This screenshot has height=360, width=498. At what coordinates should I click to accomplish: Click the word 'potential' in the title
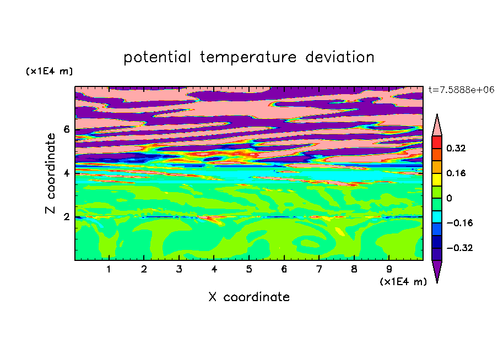(x=157, y=58)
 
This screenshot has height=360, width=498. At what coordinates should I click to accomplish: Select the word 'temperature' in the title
(x=248, y=58)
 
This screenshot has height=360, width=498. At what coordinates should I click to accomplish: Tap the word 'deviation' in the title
(x=340, y=57)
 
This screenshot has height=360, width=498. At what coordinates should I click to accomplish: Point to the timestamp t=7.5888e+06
(x=461, y=90)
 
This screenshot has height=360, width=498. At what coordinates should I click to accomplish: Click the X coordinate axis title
(x=249, y=297)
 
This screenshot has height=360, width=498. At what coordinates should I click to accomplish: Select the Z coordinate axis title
(x=51, y=173)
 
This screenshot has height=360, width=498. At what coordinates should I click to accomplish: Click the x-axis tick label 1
(x=109, y=269)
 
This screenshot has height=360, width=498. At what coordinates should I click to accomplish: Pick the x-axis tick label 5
(x=249, y=269)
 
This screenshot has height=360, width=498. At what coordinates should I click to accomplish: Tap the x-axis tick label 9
(x=389, y=269)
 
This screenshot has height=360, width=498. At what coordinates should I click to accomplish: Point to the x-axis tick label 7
(x=319, y=269)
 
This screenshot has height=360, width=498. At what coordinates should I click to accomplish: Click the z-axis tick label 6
(x=66, y=129)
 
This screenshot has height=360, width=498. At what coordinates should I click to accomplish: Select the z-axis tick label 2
(x=66, y=217)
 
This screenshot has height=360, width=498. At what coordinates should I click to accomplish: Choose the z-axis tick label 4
(x=66, y=173)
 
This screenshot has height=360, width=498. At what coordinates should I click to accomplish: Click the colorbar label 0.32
(x=456, y=148)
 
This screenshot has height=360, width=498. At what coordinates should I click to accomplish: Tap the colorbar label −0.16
(x=459, y=223)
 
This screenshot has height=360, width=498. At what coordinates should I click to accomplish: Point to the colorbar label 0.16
(x=456, y=173)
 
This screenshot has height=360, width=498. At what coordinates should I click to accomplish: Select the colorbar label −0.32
(x=459, y=248)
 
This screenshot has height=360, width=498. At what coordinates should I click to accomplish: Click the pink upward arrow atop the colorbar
(x=437, y=127)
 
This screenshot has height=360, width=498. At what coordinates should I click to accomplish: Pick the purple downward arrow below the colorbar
(x=437, y=270)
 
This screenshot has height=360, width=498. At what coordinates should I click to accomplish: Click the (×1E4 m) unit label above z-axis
(x=49, y=71)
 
